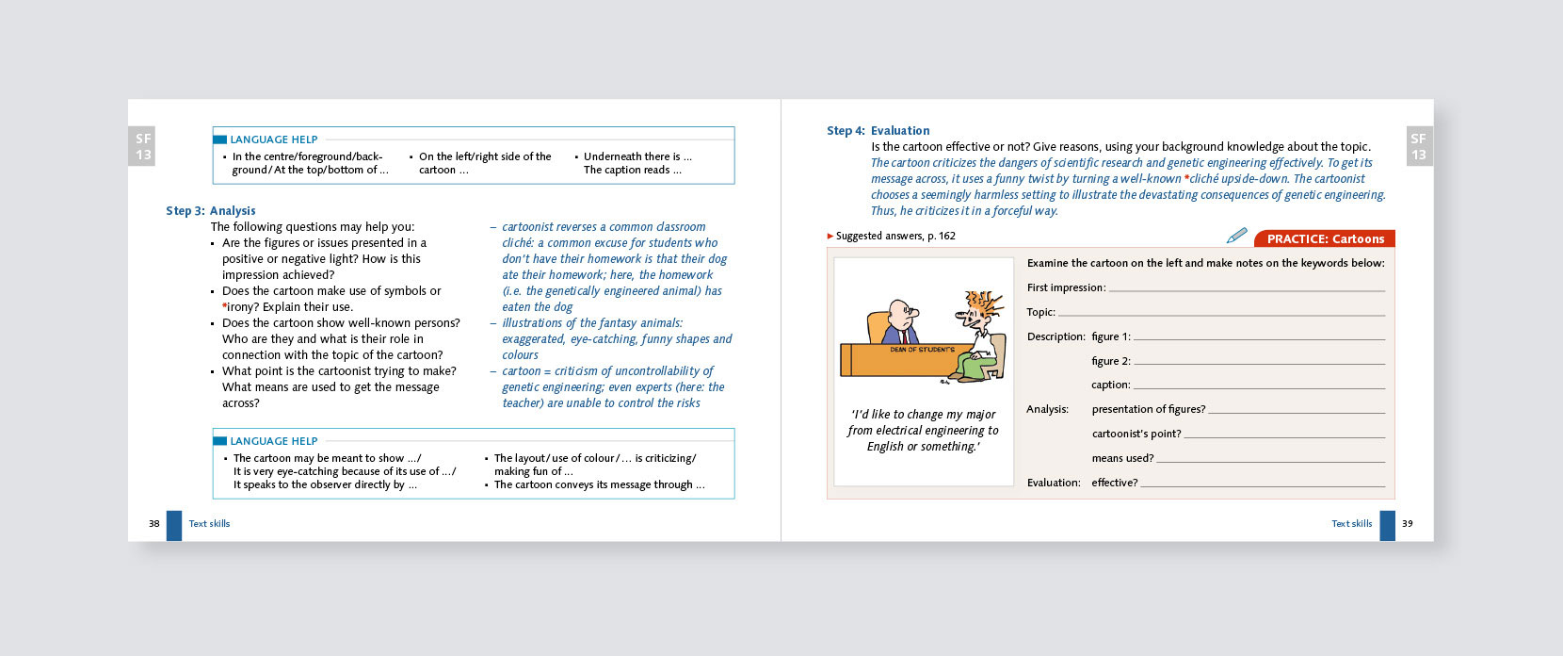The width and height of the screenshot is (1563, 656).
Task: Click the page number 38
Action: click(153, 524)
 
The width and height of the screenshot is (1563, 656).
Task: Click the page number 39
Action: click(1407, 524)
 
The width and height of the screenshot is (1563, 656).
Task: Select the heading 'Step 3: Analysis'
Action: click(211, 211)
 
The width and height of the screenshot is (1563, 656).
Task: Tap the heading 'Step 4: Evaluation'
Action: click(878, 131)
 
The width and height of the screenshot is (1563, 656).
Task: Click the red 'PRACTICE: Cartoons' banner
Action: click(1325, 239)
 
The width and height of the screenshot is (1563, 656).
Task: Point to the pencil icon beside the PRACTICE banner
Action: click(1237, 236)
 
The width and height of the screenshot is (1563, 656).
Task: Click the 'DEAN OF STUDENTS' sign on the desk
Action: click(922, 350)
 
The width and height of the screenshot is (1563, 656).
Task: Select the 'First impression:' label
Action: click(1066, 287)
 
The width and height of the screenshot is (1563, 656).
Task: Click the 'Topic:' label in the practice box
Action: click(1040, 312)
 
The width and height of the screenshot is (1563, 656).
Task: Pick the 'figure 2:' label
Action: click(1110, 361)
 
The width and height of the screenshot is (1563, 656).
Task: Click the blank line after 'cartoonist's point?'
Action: click(1284, 435)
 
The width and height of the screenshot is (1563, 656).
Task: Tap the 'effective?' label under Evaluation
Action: click(1114, 483)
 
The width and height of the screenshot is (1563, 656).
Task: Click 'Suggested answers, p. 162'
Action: click(894, 237)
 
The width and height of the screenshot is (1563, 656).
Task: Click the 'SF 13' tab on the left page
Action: click(143, 147)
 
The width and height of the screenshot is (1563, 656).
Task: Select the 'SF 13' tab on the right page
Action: click(1418, 147)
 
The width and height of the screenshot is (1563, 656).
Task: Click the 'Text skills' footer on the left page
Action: click(209, 524)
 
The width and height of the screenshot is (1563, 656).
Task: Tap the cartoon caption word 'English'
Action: click(885, 447)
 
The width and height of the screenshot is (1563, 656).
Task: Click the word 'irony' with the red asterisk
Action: click(240, 307)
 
